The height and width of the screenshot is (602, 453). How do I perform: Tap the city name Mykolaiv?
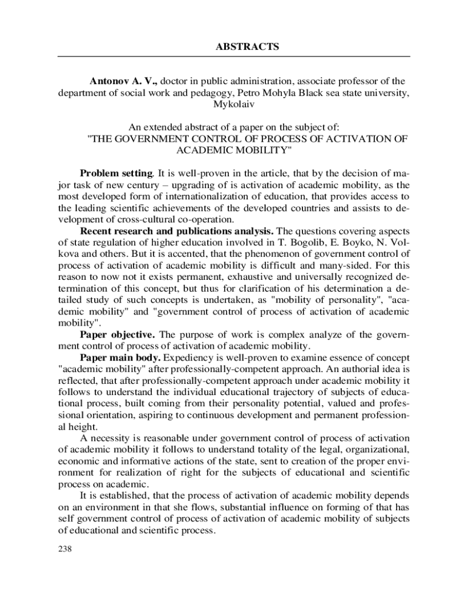pyautogui.click(x=234, y=104)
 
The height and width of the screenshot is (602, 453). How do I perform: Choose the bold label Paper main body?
pyautogui.click(x=120, y=357)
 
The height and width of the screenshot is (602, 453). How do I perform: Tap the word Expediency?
pyautogui.click(x=188, y=357)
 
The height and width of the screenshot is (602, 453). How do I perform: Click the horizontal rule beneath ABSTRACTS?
pyautogui.click(x=233, y=56)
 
